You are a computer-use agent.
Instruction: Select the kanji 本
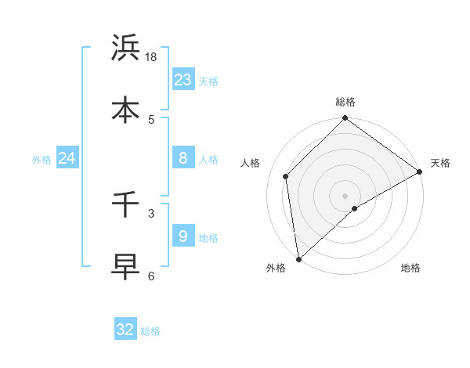coord(126,110)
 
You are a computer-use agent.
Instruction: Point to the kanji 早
coord(126,266)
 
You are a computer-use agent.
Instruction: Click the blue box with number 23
coord(183,79)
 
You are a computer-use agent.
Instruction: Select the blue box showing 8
coord(183,158)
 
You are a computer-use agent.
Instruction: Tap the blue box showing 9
coord(183,236)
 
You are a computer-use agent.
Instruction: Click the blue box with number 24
coord(67,158)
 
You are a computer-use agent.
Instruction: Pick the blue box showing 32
coord(125,330)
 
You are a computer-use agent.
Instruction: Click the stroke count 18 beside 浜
coord(151,56)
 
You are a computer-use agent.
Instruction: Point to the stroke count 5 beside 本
coord(151,119)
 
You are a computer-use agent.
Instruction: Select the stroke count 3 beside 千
coord(151,212)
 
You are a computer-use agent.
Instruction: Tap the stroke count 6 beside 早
coord(151,276)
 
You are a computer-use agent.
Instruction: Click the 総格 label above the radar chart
coord(345,102)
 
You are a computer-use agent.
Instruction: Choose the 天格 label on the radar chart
coord(440,163)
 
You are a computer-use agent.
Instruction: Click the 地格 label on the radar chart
coord(410,268)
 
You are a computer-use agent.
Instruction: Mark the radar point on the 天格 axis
coord(420,171)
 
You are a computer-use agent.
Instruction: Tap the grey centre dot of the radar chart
coord(345,195)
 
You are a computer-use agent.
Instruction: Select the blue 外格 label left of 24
coord(42,160)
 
